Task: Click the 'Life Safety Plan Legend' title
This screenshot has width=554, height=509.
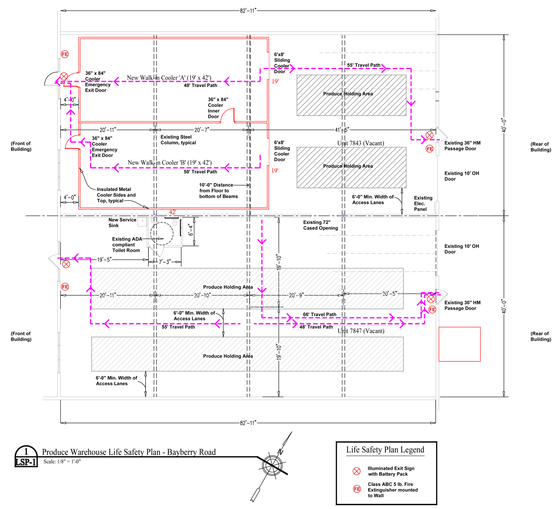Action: pos(385,450)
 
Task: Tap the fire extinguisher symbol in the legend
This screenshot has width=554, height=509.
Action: pos(357,489)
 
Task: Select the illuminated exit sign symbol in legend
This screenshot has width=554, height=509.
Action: pos(357,471)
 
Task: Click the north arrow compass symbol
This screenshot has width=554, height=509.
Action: pos(272,466)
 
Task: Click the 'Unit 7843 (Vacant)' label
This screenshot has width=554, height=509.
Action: pos(361,143)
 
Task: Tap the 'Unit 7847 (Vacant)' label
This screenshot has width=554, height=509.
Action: pos(361,331)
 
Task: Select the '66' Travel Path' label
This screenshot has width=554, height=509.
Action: pos(319,315)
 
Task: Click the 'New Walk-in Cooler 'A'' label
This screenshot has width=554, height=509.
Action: pos(169,78)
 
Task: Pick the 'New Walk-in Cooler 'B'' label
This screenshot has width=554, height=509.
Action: pos(169,163)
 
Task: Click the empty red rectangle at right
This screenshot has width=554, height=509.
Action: pos(459,344)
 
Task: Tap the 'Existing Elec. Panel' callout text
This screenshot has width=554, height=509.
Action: pos(423,204)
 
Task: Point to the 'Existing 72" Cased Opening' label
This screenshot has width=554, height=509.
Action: pos(320,225)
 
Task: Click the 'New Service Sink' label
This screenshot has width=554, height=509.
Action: pos(122,223)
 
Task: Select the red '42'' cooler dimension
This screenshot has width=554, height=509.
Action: pos(173,212)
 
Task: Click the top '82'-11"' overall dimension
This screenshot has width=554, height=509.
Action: pos(248,11)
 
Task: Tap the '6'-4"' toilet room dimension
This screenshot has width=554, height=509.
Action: pos(191,230)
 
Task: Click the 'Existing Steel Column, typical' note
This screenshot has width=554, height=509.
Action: pos(178,140)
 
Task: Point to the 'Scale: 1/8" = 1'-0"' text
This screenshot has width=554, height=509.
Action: pos(62,461)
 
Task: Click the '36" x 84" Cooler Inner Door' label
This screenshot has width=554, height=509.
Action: pos(218,108)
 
